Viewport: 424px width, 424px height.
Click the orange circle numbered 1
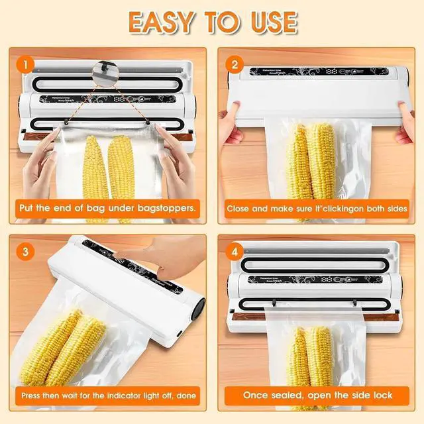tap(25, 65)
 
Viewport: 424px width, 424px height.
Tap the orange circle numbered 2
tap(233, 65)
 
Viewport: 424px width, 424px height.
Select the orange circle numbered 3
tap(25, 252)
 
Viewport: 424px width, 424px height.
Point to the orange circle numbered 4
tap(233, 252)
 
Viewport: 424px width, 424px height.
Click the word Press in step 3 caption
tap(34, 396)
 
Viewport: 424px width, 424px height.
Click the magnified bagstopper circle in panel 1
tap(104, 68)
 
